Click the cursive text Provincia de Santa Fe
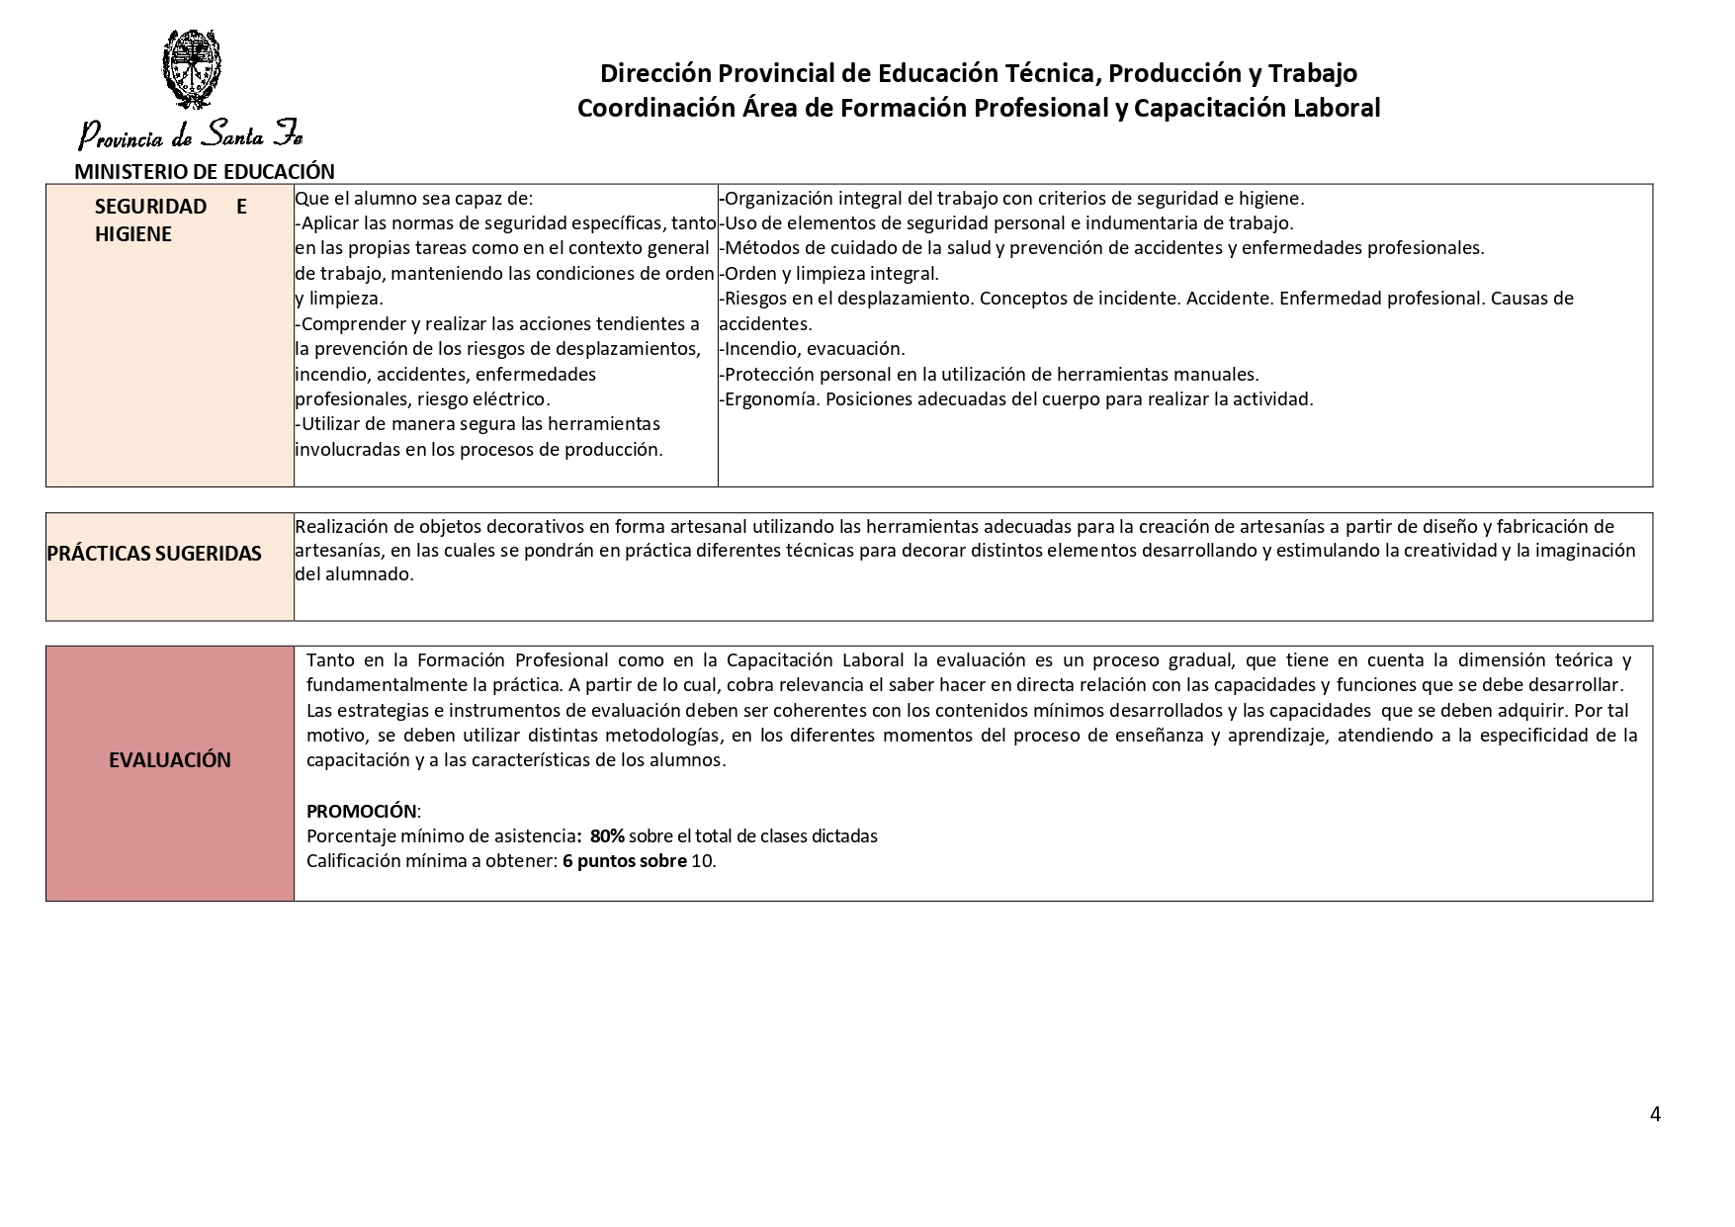[x=190, y=134]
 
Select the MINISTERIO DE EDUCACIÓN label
[x=205, y=171]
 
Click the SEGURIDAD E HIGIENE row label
[x=170, y=219]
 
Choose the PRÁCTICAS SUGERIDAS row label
[x=154, y=553]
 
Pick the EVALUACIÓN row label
[x=170, y=759]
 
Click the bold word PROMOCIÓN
[x=362, y=811]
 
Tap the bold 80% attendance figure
[x=607, y=835]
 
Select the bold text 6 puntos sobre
[x=624, y=860]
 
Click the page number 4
[x=1655, y=1114]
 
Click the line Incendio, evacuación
[x=813, y=348]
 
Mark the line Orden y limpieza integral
[x=830, y=273]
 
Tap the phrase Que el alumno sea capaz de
[x=413, y=198]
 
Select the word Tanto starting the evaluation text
[x=330, y=659]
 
